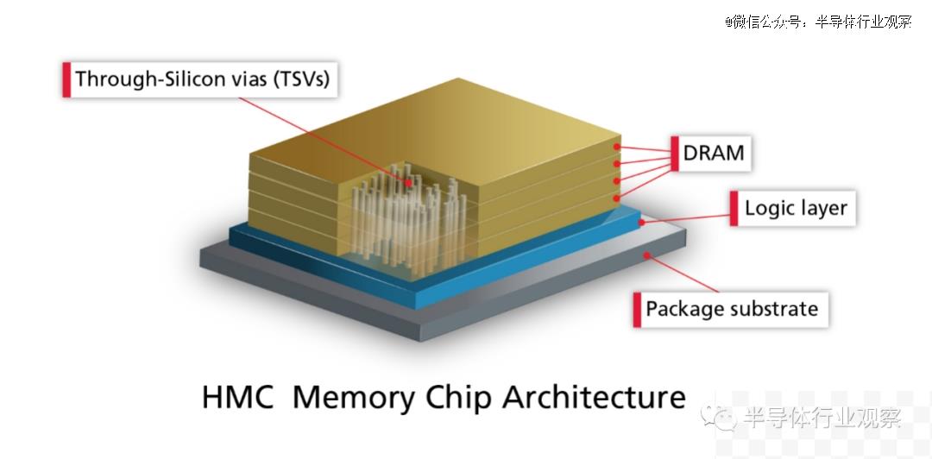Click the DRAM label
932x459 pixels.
click(x=714, y=153)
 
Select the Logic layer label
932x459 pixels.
click(x=796, y=208)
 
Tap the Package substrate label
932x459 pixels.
click(x=732, y=309)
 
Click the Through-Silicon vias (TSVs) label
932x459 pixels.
click(x=202, y=79)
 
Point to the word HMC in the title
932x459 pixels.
click(x=238, y=397)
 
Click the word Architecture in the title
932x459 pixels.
click(x=594, y=397)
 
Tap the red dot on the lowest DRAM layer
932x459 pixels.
click(x=618, y=198)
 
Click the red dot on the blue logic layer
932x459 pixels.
click(x=641, y=223)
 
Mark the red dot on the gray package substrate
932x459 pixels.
click(x=647, y=255)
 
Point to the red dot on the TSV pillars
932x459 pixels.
click(x=409, y=183)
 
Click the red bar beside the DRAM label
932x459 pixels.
click(x=675, y=154)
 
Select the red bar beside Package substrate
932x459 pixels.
click(x=637, y=309)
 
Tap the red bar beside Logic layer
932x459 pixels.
click(x=734, y=208)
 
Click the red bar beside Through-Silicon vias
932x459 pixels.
click(x=66, y=79)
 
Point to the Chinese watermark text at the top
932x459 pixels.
click(x=818, y=22)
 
